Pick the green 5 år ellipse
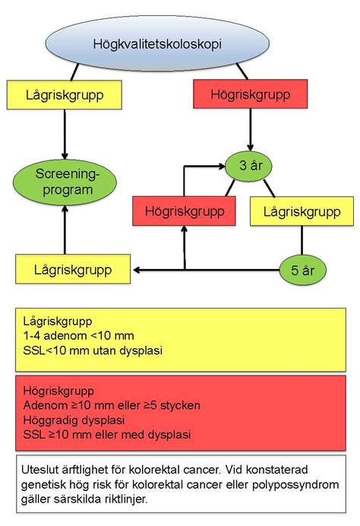(303, 268)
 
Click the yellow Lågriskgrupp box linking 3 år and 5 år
(302, 211)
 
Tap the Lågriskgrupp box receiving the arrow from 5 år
(72, 268)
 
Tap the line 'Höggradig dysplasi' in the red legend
(73, 420)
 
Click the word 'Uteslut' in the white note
(40, 470)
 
